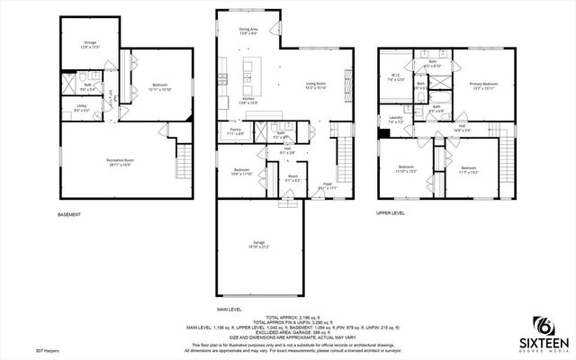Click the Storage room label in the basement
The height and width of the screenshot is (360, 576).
pos(90,43)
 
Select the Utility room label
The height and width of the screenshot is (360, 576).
pos(81,109)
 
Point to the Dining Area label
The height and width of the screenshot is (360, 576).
pos(249,31)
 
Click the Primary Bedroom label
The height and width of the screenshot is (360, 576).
pos(482,85)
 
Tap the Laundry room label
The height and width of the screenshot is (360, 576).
pos(396,120)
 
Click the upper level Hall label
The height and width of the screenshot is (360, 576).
pos(462,128)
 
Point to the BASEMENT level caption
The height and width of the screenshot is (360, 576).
pos(69,214)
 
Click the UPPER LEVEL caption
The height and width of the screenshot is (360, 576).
pos(391,213)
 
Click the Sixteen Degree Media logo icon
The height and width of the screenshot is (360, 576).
pos(543,325)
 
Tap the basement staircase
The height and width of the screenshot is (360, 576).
pos(185,165)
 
